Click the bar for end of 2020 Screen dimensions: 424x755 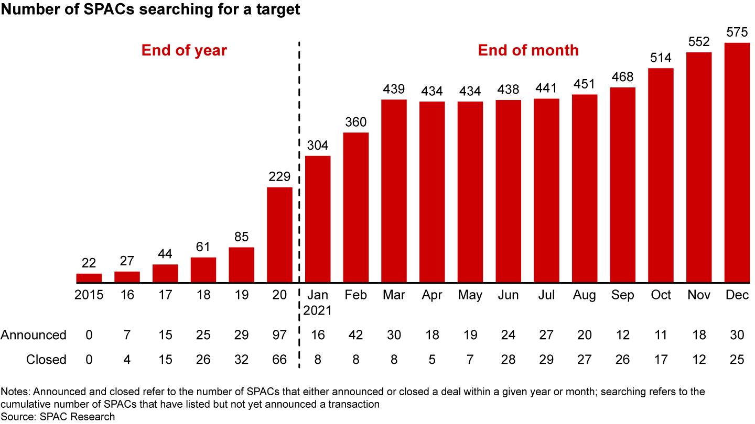click(279, 235)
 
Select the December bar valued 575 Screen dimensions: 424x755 click(737, 163)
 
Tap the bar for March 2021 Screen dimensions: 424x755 click(394, 191)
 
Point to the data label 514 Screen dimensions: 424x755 click(661, 59)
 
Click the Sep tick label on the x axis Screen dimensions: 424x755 click(622, 295)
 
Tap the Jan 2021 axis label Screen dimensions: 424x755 click(318, 303)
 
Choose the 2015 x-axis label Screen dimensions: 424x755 click(89, 295)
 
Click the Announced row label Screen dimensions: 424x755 click(34, 335)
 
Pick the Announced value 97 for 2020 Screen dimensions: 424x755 click(279, 335)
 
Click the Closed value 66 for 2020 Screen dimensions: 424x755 click(279, 360)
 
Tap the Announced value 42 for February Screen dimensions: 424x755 click(356, 335)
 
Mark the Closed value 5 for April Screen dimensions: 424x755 click(432, 360)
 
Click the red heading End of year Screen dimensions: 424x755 click(184, 50)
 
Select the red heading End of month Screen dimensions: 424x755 click(528, 50)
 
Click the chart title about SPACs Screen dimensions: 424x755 click(151, 10)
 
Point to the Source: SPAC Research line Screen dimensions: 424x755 click(58, 417)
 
